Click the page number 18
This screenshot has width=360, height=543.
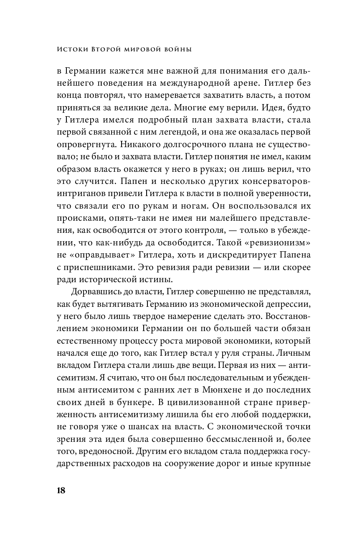[x=61, y=490]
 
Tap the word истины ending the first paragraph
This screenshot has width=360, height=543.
[x=134, y=278]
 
